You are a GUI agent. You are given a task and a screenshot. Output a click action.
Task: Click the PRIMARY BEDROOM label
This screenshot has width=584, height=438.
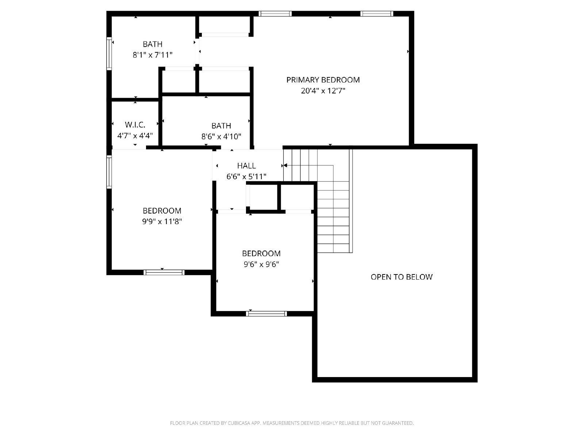[323, 80]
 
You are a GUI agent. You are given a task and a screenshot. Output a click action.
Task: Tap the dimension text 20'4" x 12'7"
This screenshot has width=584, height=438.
[323, 91]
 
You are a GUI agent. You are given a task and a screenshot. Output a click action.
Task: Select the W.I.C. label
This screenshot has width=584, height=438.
[135, 124]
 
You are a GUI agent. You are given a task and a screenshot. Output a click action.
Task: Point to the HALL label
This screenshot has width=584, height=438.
[246, 166]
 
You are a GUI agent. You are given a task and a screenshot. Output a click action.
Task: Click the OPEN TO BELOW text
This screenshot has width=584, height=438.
[401, 277]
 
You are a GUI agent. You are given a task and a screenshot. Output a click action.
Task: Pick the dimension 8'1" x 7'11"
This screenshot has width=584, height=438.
[153, 55]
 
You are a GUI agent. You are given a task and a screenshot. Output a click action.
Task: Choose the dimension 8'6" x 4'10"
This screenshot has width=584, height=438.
[221, 137]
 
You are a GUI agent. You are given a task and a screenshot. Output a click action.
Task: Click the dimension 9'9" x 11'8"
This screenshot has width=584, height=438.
[162, 222]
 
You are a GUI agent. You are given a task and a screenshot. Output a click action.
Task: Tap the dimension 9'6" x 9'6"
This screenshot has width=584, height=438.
[261, 264]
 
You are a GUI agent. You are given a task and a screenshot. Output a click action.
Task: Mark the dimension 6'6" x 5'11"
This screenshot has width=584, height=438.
[246, 177]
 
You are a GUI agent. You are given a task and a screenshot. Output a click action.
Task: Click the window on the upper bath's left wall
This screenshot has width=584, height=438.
[109, 53]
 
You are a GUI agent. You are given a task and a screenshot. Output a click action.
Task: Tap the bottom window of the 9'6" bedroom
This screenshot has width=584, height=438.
[266, 314]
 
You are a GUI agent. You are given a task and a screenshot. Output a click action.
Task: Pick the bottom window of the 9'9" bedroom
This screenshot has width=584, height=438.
[164, 272]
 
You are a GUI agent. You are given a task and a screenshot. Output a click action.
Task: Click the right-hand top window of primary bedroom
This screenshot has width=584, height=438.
[377, 14]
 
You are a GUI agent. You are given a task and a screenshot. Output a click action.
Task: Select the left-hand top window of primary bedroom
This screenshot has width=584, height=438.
[275, 14]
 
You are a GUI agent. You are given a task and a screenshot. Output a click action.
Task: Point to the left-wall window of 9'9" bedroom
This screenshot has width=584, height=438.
[109, 172]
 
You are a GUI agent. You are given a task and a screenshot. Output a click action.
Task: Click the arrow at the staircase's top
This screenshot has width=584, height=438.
[285, 166]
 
